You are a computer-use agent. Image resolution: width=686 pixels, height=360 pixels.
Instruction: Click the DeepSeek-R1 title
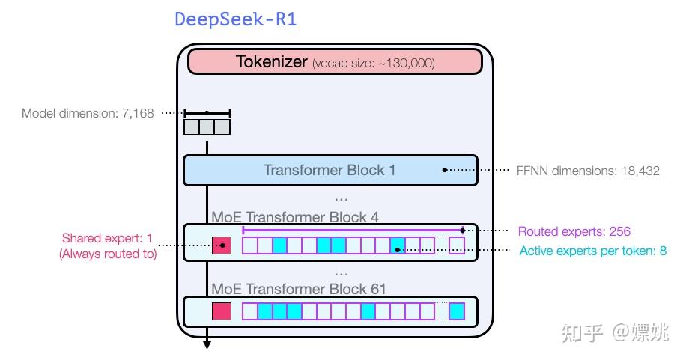(236, 19)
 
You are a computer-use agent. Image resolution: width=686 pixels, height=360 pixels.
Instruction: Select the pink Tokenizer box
(335, 62)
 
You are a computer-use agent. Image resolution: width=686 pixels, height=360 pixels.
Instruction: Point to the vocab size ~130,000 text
(374, 63)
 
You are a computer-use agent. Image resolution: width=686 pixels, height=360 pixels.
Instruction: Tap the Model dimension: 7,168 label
(88, 114)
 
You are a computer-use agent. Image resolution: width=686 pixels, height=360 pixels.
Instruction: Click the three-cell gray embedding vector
(207, 127)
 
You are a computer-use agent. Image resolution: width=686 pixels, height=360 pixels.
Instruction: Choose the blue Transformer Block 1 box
(330, 170)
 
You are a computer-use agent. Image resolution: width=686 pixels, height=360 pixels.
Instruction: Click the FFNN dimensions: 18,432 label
(589, 171)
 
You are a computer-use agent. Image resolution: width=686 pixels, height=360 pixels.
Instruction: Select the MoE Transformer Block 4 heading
(295, 217)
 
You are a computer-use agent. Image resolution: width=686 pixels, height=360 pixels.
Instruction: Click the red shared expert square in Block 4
(222, 245)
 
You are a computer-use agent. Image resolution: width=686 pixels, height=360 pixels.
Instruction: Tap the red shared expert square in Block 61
(222, 311)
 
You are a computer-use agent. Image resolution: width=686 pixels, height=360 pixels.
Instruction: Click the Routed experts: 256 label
(574, 231)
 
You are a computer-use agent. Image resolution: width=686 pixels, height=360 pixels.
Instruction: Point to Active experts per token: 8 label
(592, 250)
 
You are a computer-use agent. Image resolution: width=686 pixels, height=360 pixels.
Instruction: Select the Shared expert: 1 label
(107, 239)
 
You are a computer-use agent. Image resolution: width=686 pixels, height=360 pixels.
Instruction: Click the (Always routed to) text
(107, 254)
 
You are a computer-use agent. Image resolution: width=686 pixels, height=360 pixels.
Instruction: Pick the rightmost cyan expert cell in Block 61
(457, 311)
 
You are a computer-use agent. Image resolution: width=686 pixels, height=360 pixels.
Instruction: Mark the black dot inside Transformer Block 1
(444, 170)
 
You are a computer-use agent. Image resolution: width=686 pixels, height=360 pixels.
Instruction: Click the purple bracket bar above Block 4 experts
(352, 231)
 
